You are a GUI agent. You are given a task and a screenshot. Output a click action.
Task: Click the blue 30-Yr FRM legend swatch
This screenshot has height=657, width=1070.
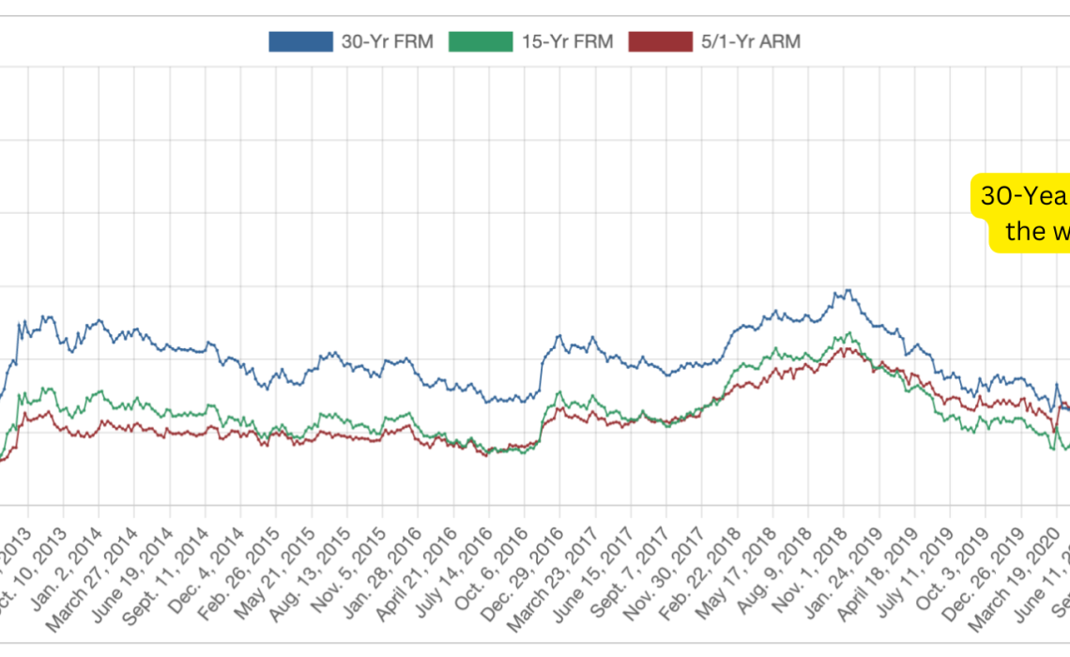[300, 41]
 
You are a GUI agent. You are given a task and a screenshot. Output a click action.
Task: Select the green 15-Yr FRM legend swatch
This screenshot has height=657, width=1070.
[481, 41]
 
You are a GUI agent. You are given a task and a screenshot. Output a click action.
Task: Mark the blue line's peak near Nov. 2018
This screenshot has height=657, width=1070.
[848, 289]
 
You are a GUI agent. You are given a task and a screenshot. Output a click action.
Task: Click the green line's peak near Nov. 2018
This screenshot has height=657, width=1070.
[848, 332]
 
